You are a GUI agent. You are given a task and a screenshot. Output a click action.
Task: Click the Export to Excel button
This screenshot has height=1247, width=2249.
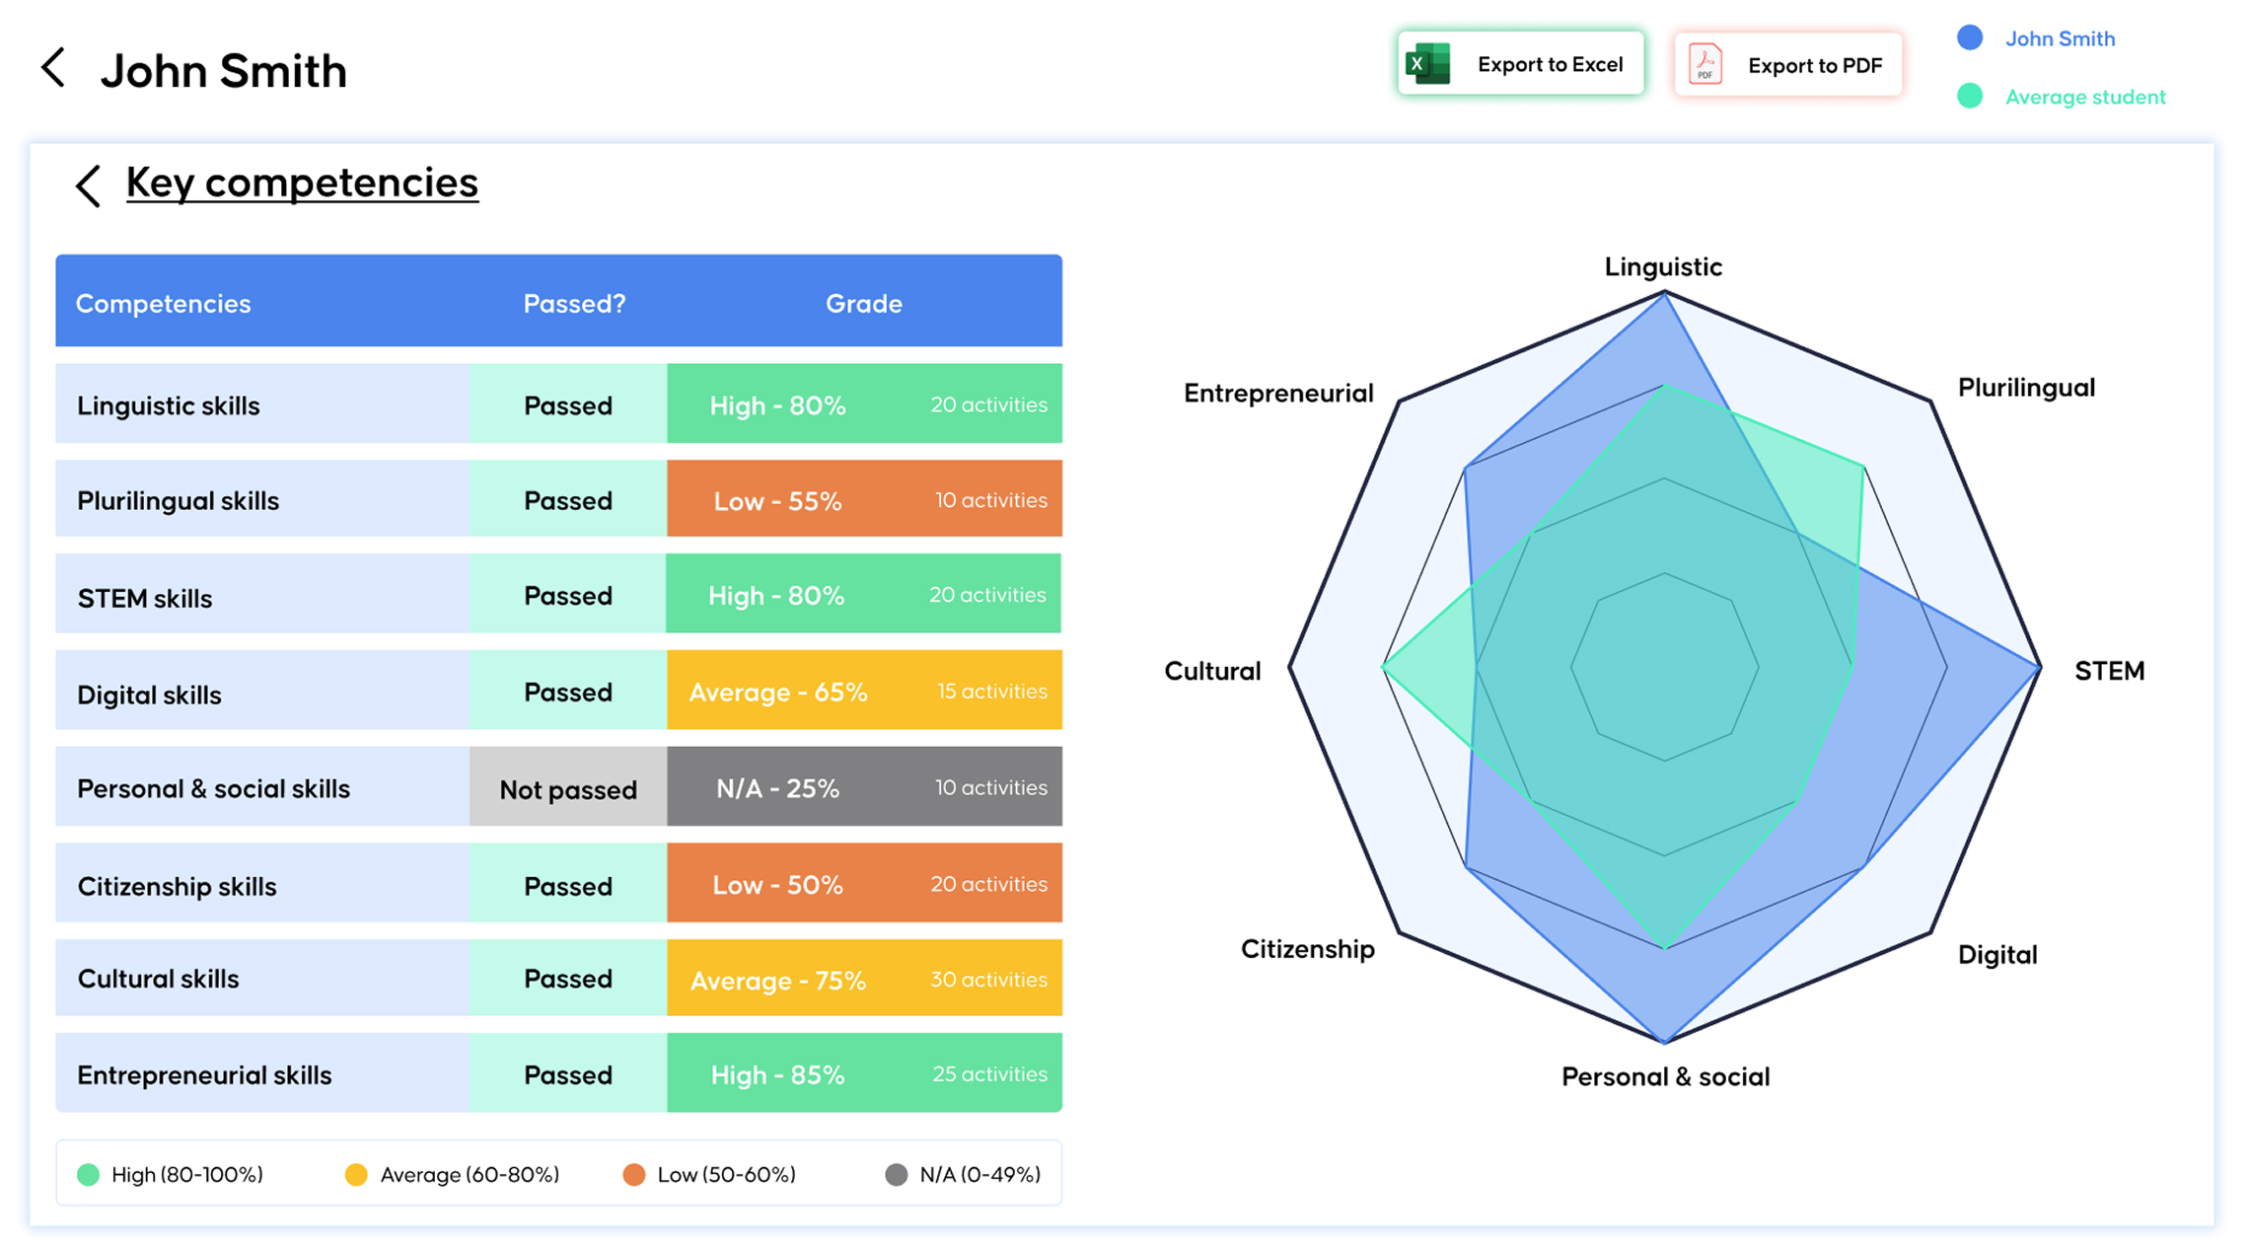(x=1520, y=63)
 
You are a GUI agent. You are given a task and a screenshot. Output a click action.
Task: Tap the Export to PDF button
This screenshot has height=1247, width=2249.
(x=1787, y=64)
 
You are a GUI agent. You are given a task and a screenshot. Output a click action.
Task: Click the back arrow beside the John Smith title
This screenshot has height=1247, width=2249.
(x=53, y=68)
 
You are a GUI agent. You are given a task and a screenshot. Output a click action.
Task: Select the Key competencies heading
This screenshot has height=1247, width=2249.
(x=302, y=183)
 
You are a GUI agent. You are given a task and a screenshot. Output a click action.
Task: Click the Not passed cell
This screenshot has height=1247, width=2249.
(x=568, y=789)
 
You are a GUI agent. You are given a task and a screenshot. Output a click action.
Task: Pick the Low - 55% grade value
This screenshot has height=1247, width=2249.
(x=777, y=501)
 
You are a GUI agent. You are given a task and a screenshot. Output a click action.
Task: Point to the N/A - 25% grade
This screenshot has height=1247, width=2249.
(x=777, y=788)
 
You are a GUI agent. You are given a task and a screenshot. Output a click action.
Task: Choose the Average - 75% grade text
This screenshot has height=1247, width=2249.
(x=777, y=981)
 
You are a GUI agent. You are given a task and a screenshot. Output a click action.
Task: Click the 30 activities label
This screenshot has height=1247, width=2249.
(x=988, y=980)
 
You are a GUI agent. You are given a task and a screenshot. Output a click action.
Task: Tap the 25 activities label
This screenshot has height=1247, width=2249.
(x=989, y=1074)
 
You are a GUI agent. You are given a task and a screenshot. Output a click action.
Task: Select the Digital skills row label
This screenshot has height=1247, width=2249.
(x=149, y=695)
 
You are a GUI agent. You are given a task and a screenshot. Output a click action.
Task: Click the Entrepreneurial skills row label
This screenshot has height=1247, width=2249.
(x=204, y=1075)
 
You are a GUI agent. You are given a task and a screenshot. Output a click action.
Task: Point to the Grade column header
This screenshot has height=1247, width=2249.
(x=863, y=304)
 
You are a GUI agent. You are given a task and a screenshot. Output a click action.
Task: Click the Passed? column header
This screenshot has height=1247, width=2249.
(x=574, y=304)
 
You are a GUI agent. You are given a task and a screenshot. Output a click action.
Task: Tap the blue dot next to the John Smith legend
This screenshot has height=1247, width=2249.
(x=1970, y=37)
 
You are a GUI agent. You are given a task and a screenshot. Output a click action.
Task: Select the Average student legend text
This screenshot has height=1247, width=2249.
(x=2085, y=97)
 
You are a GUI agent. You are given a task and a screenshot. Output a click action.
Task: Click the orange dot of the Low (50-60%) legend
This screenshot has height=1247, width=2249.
(x=634, y=1174)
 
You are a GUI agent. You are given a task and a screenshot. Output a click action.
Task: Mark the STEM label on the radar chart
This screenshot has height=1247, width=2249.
(x=2109, y=671)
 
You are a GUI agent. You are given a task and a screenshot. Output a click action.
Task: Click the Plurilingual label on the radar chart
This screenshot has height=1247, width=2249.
(x=2026, y=388)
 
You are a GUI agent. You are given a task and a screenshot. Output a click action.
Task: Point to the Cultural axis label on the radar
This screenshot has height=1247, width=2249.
(x=1212, y=671)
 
